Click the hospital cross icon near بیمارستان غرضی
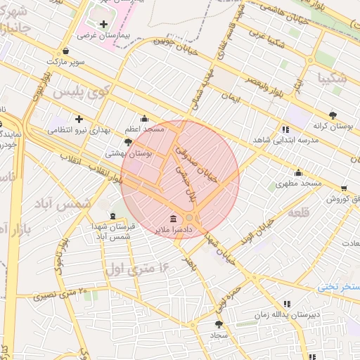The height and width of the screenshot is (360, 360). pos(103,25)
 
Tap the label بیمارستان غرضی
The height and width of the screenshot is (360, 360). pos(99,34)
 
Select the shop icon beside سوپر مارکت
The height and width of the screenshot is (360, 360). pos(65,51)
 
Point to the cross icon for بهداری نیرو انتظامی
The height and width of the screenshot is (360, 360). pos(79,119)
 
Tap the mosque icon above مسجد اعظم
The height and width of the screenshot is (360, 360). pos(145,118)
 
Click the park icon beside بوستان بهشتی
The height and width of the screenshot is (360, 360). pos(128,142)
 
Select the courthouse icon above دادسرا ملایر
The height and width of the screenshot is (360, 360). pos(174,218)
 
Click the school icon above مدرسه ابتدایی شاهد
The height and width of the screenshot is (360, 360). pos(285,129)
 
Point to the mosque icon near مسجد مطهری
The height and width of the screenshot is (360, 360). pos(298,173)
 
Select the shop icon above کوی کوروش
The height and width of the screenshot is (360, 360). pos(344,188)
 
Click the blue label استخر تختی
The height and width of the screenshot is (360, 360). pos(337,287)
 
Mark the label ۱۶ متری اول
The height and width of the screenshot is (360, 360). pos(138,268)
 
